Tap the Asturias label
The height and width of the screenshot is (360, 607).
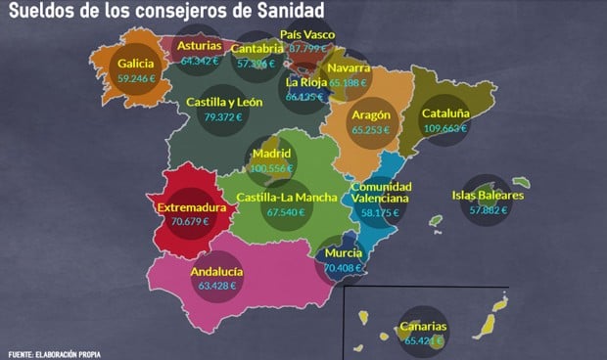pyautogui.click(x=199, y=45)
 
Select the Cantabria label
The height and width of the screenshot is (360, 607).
pyautogui.click(x=257, y=49)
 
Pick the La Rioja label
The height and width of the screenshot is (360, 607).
pyautogui.click(x=304, y=82)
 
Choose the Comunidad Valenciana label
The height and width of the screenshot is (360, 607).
pyautogui.click(x=380, y=192)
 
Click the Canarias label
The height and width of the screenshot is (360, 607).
pyautogui.click(x=423, y=327)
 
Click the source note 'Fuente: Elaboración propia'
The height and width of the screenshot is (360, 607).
pyautogui.click(x=54, y=353)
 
